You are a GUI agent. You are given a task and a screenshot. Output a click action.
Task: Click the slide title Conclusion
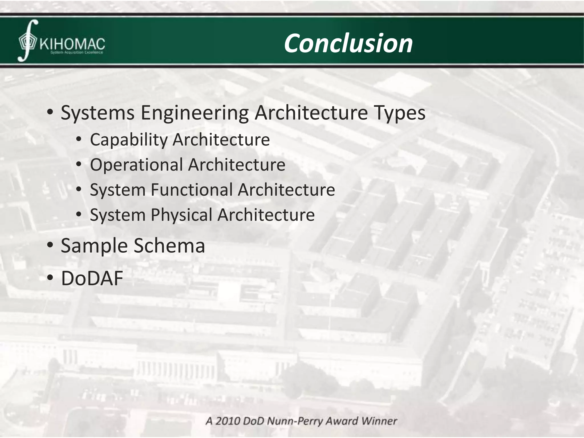click(x=348, y=43)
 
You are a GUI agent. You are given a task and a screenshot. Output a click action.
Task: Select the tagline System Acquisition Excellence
click(x=76, y=53)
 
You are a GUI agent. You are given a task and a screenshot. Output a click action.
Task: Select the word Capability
click(x=129, y=140)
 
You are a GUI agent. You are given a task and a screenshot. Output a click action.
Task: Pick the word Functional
click(x=192, y=190)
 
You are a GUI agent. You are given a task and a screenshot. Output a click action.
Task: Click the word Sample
click(x=94, y=246)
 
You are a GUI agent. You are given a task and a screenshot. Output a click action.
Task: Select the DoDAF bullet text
click(x=92, y=278)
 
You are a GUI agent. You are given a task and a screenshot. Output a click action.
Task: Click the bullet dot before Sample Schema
click(x=50, y=245)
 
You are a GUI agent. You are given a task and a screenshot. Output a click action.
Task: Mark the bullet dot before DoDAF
click(x=50, y=278)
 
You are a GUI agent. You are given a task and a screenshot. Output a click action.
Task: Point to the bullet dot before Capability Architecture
click(x=79, y=139)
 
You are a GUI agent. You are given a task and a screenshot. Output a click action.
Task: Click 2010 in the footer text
click(x=227, y=421)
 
